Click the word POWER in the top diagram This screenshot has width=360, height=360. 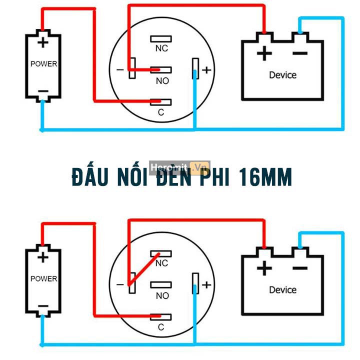pos(43,64)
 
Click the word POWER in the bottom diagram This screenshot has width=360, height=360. pos(43,278)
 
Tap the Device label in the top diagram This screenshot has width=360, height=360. pos(282,75)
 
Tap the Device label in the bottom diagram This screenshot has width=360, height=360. pos(282,290)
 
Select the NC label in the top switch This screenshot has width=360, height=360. pos(161,48)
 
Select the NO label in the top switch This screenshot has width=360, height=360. pos(162,81)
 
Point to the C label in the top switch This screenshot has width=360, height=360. pos(161,112)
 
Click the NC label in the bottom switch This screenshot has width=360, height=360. pos(162,263)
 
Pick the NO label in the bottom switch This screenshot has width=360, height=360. pos(162,295)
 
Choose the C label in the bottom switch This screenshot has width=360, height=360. pos(161,327)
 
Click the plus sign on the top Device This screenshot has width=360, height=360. pos(264,53)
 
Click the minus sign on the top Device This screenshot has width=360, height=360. pos(299,53)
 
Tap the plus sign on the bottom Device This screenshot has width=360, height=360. pos(264,268)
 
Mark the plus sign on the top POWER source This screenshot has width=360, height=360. pos(43,42)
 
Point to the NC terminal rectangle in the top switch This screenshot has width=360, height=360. pos(161,38)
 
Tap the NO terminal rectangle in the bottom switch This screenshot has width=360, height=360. pos(161,285)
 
